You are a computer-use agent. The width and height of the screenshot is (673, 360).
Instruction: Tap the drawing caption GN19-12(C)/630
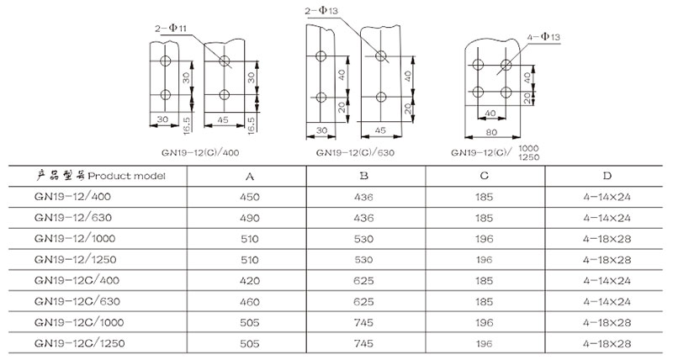352,154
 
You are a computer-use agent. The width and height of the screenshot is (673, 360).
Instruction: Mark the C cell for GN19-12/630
485,216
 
